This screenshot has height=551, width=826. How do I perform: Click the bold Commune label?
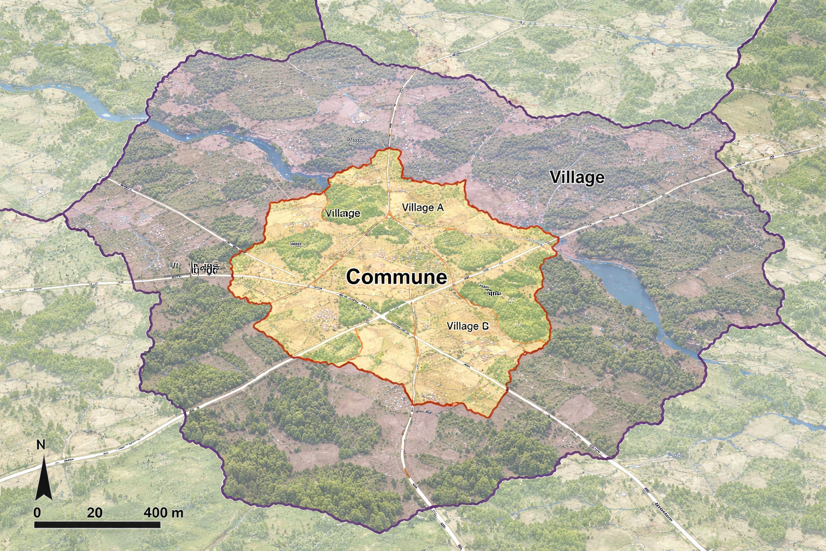click(x=396, y=277)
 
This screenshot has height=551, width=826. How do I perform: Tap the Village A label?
click(x=423, y=208)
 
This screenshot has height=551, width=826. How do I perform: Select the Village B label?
click(x=467, y=326)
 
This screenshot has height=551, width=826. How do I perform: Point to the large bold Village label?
click(x=577, y=178)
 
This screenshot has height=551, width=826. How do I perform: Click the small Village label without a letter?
click(x=343, y=214)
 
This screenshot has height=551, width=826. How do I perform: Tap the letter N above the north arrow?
click(x=40, y=445)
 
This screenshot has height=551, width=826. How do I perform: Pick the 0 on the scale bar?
click(x=37, y=512)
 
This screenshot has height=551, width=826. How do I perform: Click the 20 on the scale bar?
click(x=95, y=512)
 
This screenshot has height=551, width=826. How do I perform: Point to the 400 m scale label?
click(x=163, y=512)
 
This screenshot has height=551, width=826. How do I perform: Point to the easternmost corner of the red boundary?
click(x=558, y=238)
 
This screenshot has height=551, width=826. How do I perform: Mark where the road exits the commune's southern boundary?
click(x=413, y=403)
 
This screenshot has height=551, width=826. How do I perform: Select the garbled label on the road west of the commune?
click(x=196, y=268)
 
